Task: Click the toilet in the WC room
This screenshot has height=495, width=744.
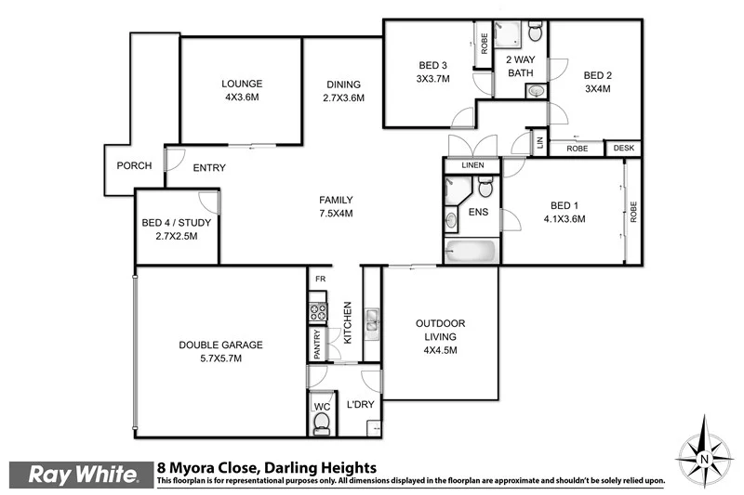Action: [x=321, y=423]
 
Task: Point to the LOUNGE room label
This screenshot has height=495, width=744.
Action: [x=241, y=83]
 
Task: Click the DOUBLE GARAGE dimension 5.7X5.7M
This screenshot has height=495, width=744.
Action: [x=220, y=358]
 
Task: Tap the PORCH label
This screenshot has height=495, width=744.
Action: [x=134, y=166]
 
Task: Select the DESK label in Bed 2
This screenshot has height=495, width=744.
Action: [x=622, y=148]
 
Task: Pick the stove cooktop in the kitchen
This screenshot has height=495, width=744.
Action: [x=317, y=312]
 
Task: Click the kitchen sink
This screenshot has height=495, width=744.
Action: [x=371, y=320]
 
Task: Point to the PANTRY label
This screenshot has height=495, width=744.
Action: [x=317, y=345]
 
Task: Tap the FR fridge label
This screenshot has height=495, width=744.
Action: [x=319, y=279]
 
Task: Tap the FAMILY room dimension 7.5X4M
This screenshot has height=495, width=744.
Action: [x=335, y=213]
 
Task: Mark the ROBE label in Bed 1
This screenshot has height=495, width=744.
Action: [x=633, y=213]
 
